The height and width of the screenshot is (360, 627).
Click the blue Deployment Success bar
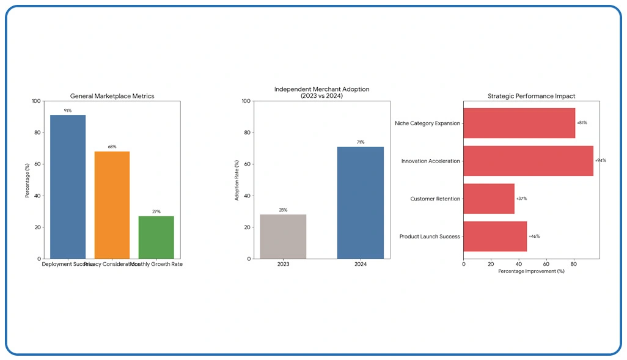(x=68, y=186)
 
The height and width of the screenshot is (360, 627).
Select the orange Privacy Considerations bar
(x=112, y=205)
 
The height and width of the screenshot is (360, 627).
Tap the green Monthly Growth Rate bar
(x=156, y=237)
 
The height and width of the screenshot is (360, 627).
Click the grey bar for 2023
(x=283, y=236)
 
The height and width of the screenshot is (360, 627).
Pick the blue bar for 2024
(x=361, y=202)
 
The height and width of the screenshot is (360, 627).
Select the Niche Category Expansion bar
(x=519, y=123)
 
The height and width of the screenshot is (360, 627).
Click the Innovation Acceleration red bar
(x=528, y=161)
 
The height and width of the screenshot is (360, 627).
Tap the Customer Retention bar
(x=489, y=199)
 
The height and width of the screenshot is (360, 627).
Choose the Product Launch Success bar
(x=495, y=237)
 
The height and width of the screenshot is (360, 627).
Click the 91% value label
(x=68, y=111)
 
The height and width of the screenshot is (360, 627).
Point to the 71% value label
(x=361, y=142)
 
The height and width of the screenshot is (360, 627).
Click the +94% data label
(x=600, y=161)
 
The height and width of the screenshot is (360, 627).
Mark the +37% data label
(x=521, y=199)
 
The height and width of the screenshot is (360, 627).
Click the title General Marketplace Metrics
(x=112, y=96)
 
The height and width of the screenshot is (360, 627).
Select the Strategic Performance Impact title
(x=531, y=96)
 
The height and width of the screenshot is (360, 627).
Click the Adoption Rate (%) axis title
(x=237, y=180)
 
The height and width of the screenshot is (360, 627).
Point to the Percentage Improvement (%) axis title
(x=531, y=271)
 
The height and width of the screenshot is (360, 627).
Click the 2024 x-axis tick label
(x=361, y=265)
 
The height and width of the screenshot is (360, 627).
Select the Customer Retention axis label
(x=435, y=199)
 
